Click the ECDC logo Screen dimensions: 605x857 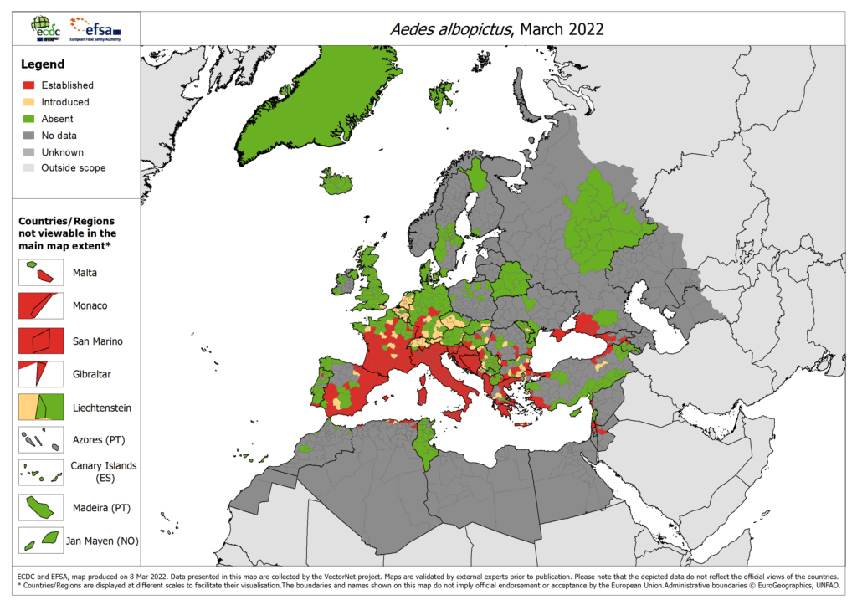pyautogui.click(x=45, y=28)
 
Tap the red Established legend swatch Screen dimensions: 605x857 pyautogui.click(x=28, y=85)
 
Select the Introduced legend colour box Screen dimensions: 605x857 pyautogui.click(x=28, y=102)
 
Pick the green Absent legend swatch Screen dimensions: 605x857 pyautogui.click(x=28, y=119)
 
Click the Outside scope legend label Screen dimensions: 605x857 pyautogui.click(x=74, y=167)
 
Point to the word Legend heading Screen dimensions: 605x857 pyautogui.click(x=41, y=64)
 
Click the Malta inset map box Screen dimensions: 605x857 pyautogui.click(x=40, y=272)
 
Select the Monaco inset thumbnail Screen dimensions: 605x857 pyautogui.click(x=40, y=305)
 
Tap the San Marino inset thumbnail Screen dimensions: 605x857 pyautogui.click(x=40, y=340)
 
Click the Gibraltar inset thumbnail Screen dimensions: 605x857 pyautogui.click(x=40, y=373)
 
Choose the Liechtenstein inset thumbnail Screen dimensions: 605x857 pyautogui.click(x=40, y=407)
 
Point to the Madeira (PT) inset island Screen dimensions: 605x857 pyautogui.click(x=40, y=506)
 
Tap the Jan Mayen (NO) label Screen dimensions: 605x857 pyautogui.click(x=102, y=541)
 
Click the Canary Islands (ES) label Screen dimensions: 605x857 pyautogui.click(x=104, y=472)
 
